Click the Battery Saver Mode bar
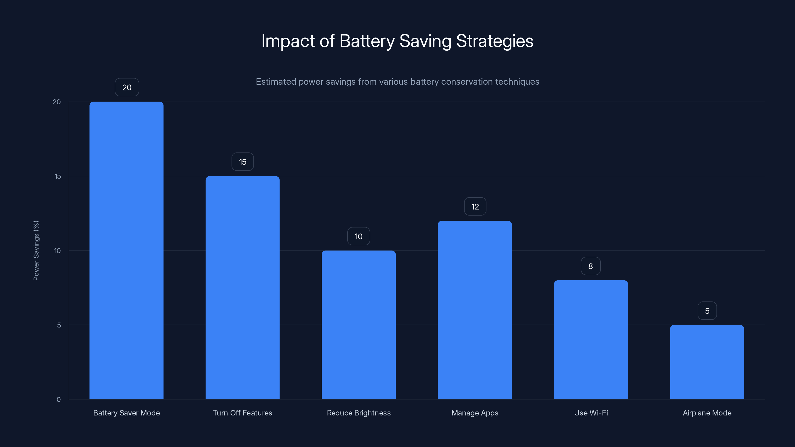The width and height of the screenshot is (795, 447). point(126,250)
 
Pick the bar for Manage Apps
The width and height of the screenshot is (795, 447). point(475,310)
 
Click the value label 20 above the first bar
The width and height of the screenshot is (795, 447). point(127,87)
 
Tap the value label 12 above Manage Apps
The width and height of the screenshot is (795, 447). point(475,206)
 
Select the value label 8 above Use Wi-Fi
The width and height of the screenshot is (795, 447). point(590,266)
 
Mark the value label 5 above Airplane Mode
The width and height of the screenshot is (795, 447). point(707,311)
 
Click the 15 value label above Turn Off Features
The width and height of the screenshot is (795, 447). point(242,162)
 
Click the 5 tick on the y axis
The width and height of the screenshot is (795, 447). point(59,325)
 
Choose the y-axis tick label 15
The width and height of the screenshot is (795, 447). point(58,176)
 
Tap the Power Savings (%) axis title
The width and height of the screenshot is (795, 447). point(36,251)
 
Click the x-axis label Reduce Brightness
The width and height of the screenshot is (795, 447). point(358,413)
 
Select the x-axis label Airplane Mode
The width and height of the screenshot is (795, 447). point(707,413)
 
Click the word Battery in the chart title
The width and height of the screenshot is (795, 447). point(367,41)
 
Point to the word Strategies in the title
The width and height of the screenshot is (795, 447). point(494,41)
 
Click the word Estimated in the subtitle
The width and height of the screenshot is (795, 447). point(276,82)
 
